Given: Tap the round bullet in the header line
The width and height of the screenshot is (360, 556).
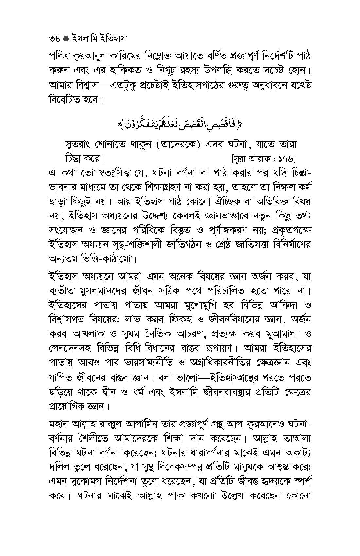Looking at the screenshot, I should [65, 39].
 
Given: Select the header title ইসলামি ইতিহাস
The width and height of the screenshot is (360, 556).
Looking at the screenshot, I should [98, 39].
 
